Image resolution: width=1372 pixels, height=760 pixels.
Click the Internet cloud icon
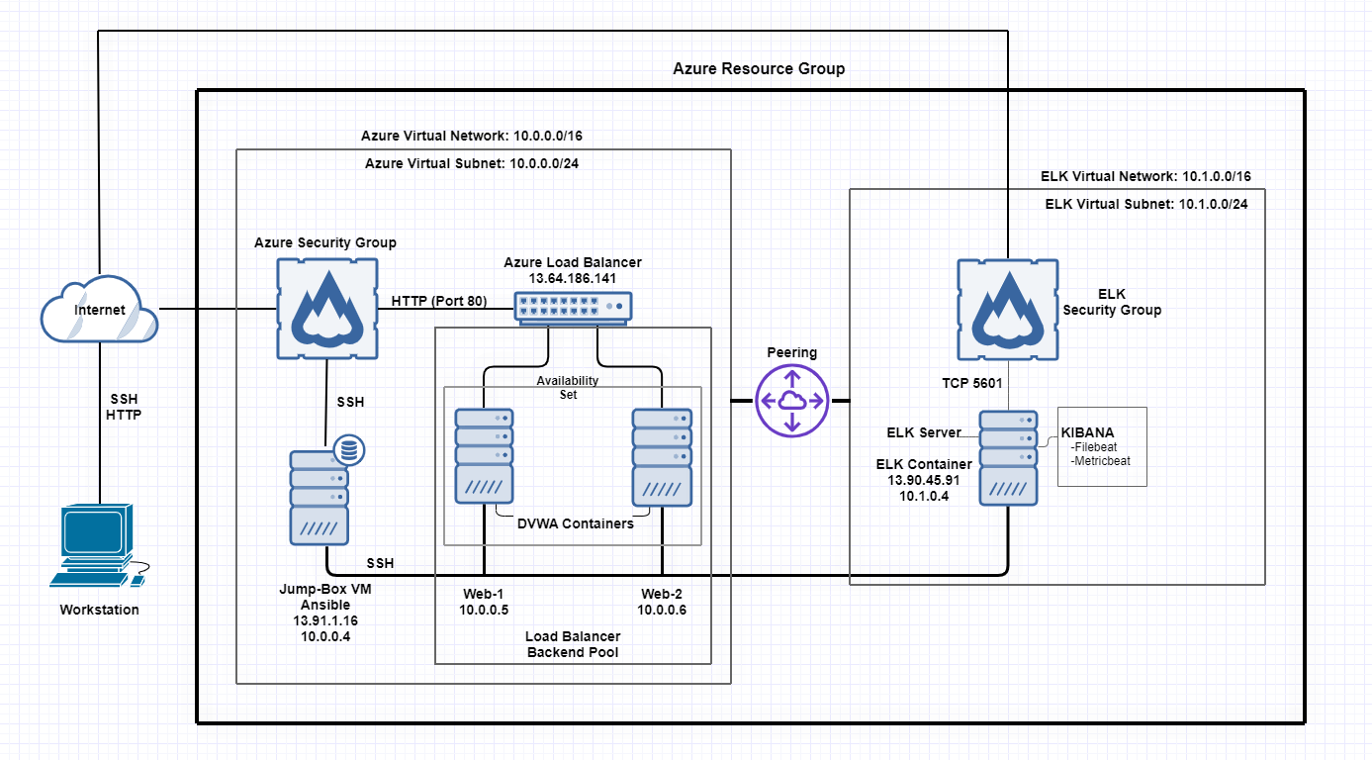point(99,309)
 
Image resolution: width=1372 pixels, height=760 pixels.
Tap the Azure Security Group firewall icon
point(326,308)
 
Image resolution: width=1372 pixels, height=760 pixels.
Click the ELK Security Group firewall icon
point(1007,310)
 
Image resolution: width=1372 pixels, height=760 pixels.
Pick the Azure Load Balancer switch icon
point(572,308)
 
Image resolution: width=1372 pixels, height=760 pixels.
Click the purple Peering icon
point(790,400)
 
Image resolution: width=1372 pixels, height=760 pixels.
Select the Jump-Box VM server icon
point(320,496)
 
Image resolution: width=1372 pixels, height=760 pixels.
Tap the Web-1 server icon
point(484,455)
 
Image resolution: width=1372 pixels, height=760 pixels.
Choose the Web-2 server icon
point(662,455)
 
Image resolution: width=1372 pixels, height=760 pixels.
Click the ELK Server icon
point(1008,458)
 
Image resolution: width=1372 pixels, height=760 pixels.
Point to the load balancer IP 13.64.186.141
point(572,279)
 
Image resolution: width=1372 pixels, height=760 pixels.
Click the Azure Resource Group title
point(759,69)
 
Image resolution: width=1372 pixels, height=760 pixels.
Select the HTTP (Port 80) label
point(438,301)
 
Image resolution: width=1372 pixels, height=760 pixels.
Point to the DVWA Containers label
point(575,523)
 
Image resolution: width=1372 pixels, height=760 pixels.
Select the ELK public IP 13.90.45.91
point(923,480)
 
